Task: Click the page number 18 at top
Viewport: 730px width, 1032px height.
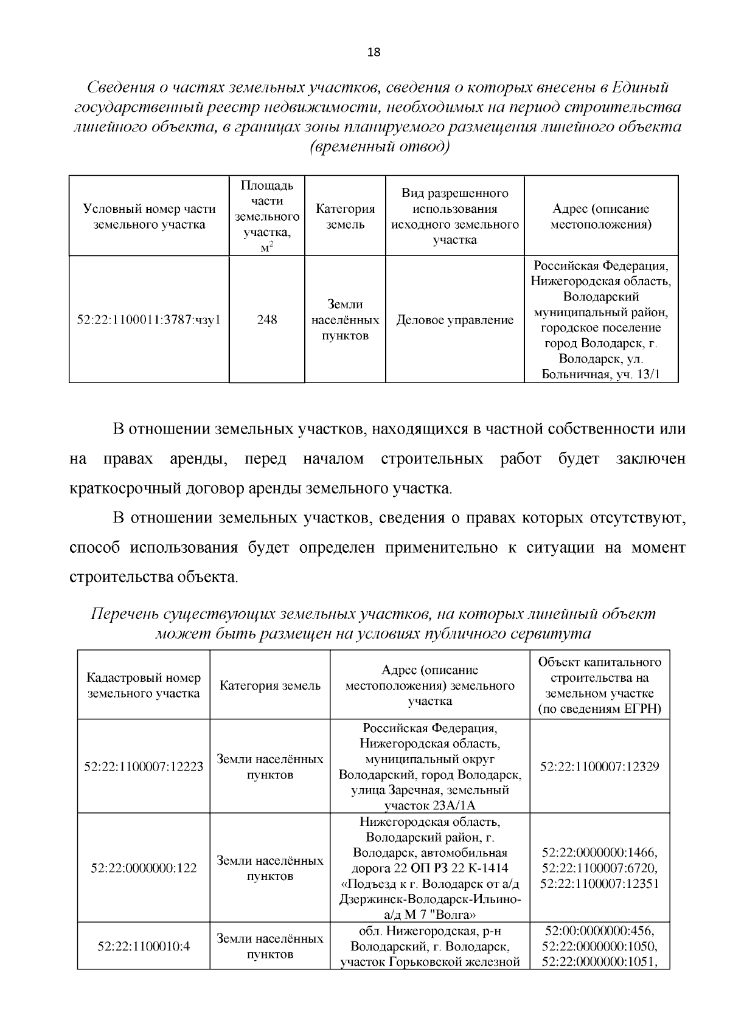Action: tap(374, 52)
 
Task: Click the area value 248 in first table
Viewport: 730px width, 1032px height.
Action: tap(266, 320)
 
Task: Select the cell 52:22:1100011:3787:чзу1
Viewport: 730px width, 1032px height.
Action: tap(149, 320)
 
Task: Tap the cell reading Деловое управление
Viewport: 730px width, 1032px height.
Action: tap(454, 320)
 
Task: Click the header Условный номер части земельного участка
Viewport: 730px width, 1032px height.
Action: tap(149, 216)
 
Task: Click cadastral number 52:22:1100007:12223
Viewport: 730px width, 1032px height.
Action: tap(144, 767)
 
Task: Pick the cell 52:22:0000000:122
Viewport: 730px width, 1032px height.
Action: tap(144, 868)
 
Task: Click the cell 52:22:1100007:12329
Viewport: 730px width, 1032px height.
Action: tap(599, 766)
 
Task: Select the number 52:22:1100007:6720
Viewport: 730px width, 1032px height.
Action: tap(599, 868)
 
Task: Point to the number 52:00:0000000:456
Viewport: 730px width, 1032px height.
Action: tap(599, 931)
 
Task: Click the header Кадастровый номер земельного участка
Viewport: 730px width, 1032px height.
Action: tap(144, 685)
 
